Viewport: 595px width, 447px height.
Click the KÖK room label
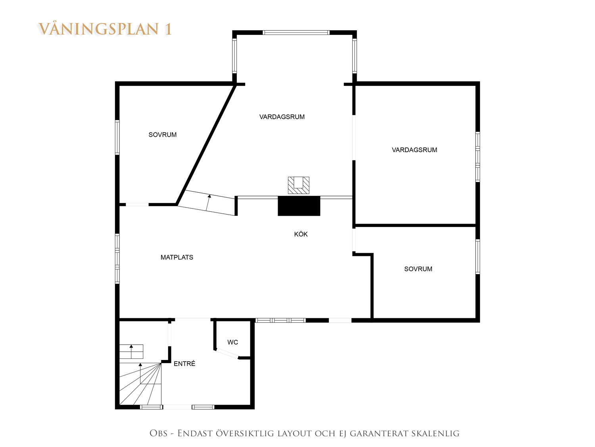[301, 234]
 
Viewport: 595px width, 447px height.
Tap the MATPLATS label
[177, 257]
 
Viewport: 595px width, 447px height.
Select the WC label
[232, 342]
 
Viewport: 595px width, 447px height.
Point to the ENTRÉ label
[184, 364]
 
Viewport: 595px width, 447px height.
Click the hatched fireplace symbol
[298, 185]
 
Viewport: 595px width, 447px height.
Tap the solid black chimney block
[299, 206]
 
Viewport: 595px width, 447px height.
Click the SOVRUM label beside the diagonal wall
[162, 135]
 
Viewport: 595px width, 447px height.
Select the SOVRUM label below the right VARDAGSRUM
[418, 269]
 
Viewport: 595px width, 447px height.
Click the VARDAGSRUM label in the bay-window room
[282, 117]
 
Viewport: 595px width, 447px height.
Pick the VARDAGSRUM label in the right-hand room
[415, 150]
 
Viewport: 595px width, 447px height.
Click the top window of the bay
[296, 33]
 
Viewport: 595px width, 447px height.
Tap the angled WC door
[226, 354]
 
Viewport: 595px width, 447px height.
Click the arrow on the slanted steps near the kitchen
[208, 203]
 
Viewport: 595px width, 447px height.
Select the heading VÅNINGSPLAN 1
[105, 29]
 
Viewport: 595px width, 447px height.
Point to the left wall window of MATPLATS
[117, 259]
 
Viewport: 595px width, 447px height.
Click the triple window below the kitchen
[280, 320]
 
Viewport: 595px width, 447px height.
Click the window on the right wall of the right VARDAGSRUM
[478, 157]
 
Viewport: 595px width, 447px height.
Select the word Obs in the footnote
[158, 433]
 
